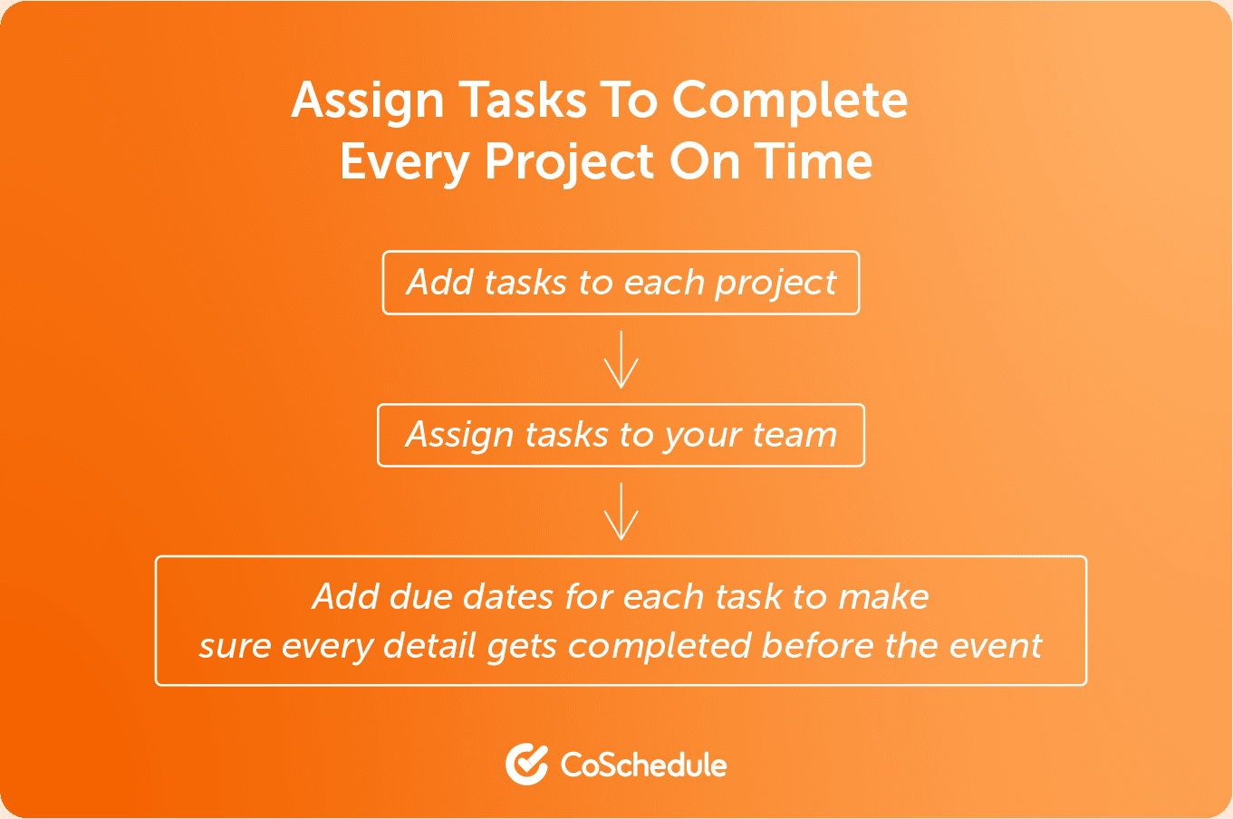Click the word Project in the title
tap(569, 164)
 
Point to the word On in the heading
tap(704, 161)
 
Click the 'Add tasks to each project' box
tap(621, 283)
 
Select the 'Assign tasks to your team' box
tap(621, 436)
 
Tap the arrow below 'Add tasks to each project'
tap(621, 360)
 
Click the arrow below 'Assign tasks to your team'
tap(621, 511)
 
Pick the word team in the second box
tap(795, 435)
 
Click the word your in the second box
tap(701, 438)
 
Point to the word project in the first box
tap(775, 285)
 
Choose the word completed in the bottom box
tap(660, 648)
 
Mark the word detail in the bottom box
tap(430, 645)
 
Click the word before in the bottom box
tap(817, 645)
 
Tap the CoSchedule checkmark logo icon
tap(526, 764)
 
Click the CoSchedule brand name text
tap(643, 765)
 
